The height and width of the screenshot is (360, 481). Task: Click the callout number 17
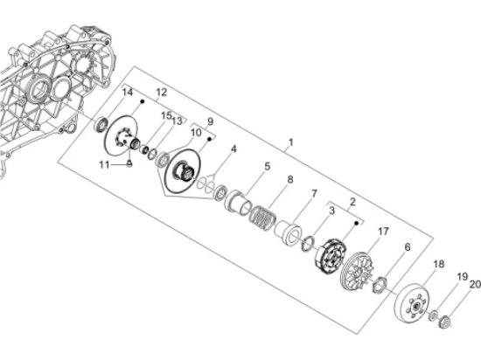click(383, 232)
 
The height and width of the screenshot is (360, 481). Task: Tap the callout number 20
click(476, 284)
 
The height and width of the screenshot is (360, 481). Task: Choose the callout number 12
click(161, 92)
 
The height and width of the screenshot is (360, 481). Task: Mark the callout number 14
click(127, 93)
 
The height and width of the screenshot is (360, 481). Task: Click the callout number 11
click(103, 163)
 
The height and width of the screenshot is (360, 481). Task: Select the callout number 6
click(408, 248)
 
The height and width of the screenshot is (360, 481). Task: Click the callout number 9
click(209, 121)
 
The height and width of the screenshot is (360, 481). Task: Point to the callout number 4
click(234, 150)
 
